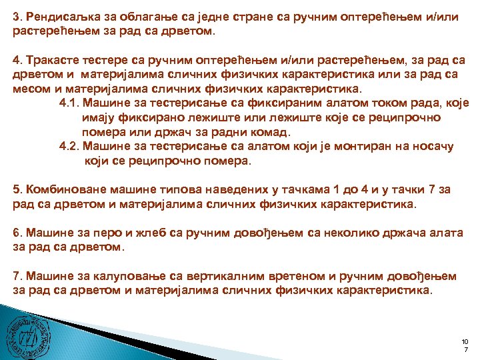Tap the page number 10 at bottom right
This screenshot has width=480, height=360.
coord(465,341)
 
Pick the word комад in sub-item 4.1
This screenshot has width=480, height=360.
coord(271,131)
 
